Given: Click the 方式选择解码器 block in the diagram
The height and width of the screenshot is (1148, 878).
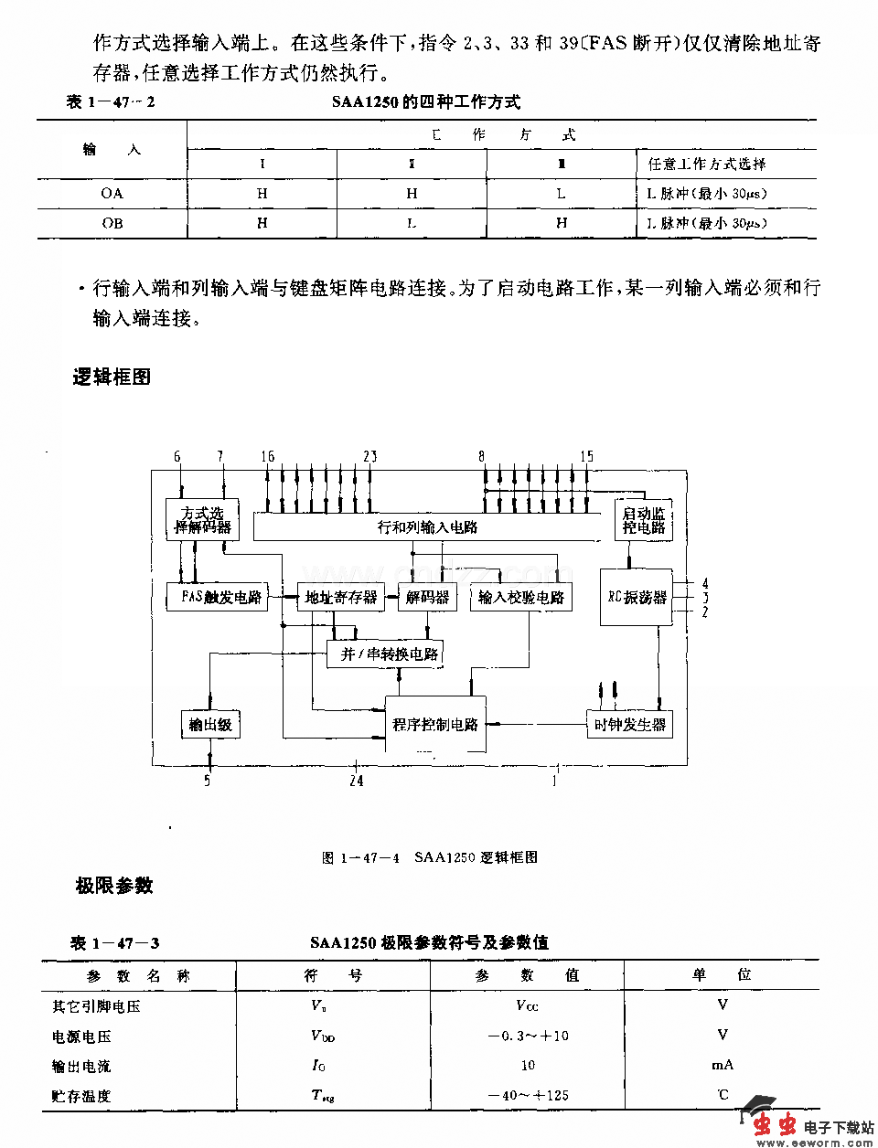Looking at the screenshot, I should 202,520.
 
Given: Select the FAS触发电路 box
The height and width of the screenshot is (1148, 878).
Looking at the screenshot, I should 217,597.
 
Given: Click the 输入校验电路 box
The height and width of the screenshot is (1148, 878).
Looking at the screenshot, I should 522,597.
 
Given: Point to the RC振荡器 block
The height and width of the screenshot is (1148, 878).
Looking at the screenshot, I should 637,597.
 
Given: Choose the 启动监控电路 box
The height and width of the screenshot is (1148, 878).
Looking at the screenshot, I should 644,520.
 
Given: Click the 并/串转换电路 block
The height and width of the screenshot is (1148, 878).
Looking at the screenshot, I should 390,653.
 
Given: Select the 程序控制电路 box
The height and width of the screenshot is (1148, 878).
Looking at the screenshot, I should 435,724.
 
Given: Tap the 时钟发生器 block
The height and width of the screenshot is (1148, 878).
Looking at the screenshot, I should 630,724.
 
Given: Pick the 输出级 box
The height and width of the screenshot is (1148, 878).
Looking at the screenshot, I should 210,724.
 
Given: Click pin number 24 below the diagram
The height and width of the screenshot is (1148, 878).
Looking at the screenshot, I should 356,781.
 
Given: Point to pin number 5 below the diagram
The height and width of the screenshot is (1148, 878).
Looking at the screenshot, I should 208,781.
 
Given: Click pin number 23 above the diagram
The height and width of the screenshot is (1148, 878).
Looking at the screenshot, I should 369,456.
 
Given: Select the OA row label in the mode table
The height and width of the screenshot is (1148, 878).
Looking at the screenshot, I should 112,194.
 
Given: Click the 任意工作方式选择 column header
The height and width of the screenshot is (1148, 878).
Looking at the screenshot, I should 707,165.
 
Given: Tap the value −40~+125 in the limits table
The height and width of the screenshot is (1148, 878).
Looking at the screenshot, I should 528,1095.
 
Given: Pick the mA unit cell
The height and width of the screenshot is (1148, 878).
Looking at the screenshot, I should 723,1065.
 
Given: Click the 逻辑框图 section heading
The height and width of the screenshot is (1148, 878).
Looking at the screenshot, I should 112,377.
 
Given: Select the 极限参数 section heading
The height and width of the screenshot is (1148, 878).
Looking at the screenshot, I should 114,885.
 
